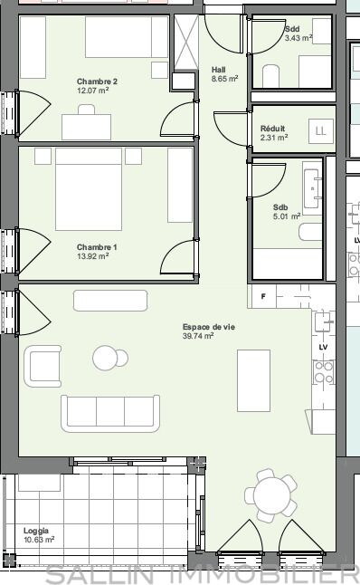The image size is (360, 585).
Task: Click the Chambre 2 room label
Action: [x=97, y=82]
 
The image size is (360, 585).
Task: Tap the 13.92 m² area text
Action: [x=93, y=256]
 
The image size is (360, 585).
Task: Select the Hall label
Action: [x=218, y=70]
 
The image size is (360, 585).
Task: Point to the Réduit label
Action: [x=272, y=129]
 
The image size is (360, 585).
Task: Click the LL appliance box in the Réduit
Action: [x=321, y=131]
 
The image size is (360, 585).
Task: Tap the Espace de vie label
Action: [x=209, y=327]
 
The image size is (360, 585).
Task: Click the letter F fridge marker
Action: [x=263, y=297]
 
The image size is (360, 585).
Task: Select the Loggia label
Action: [x=36, y=531]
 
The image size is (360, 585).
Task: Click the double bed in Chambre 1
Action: [x=89, y=189]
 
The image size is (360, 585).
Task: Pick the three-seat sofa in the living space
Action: [x=110, y=413]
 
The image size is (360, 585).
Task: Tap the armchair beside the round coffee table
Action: [x=43, y=366]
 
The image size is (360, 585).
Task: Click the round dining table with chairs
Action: [x=271, y=495]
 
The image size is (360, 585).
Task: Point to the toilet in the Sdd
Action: [x=271, y=76]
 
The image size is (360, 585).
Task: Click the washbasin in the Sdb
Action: [x=312, y=188]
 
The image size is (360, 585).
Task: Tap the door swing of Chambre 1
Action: [x=178, y=256]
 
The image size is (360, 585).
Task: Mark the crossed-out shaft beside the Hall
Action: [x=186, y=43]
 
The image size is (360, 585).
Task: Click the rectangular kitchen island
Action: [x=253, y=380]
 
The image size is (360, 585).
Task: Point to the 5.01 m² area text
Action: [x=287, y=216]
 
